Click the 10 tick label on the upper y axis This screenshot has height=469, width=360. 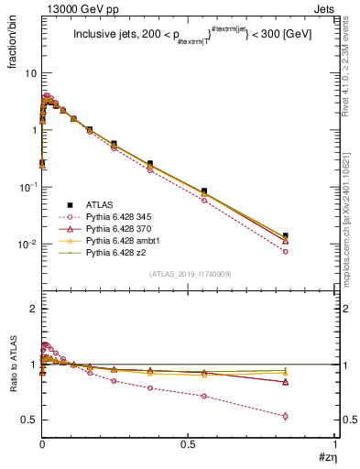tap(29, 72)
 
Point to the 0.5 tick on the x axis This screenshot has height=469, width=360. tap(188, 443)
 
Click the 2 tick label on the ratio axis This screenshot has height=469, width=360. tap(32, 309)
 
